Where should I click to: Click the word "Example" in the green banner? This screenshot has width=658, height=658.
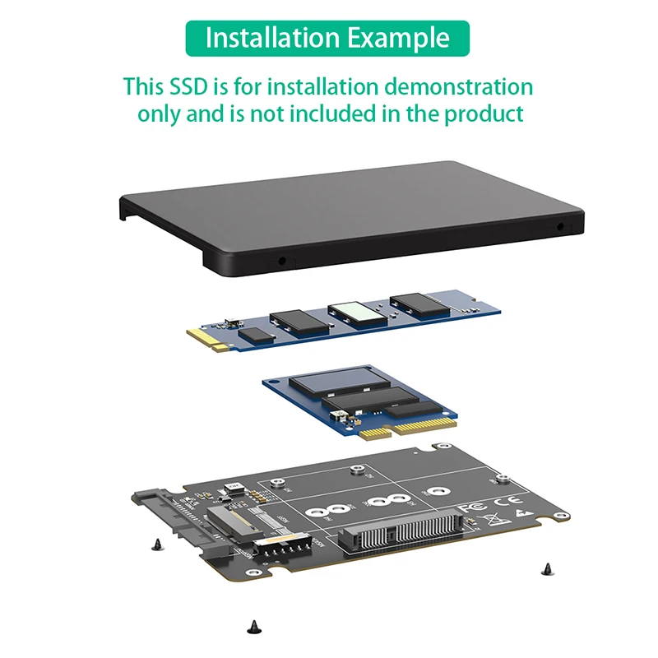[398, 38]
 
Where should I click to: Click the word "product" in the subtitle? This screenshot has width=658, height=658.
[484, 114]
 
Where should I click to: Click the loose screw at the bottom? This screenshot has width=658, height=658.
[252, 628]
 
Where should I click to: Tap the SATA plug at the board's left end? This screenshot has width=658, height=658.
[169, 514]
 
